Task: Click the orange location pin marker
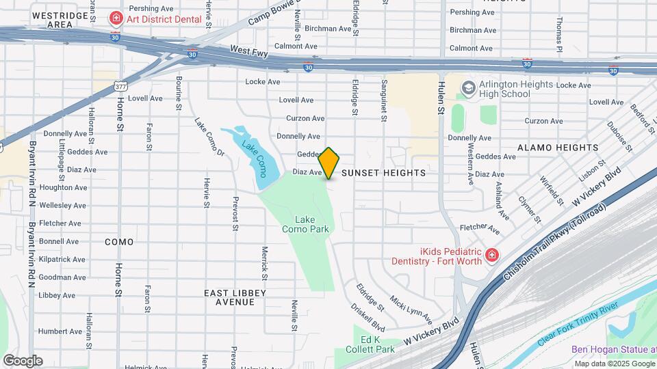click(329, 163)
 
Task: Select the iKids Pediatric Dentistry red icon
click(491, 256)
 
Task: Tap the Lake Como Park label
click(306, 225)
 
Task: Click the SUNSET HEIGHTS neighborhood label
click(383, 173)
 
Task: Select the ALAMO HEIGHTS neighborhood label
click(558, 148)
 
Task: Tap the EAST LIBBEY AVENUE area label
click(235, 297)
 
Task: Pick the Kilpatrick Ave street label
click(62, 260)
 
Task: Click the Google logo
click(23, 361)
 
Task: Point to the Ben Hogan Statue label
click(613, 349)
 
